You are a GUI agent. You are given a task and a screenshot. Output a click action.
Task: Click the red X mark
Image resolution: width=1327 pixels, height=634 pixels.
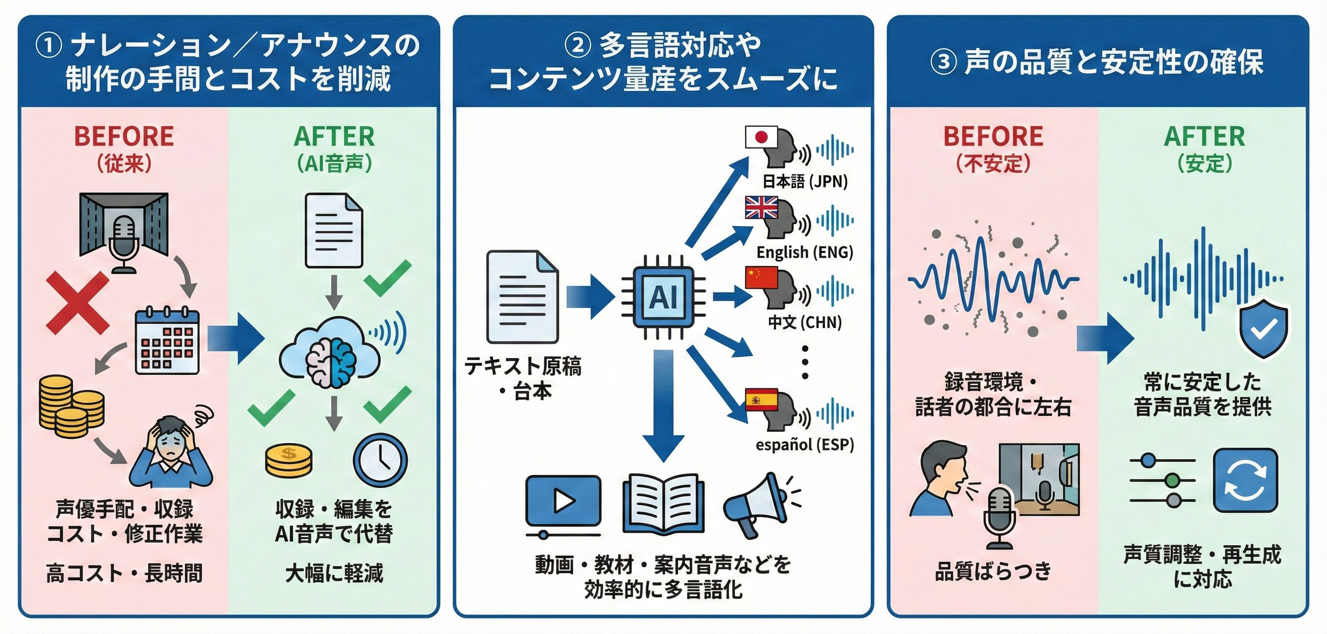[78, 303]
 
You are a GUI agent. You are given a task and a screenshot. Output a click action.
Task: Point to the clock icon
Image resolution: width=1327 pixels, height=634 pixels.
[380, 460]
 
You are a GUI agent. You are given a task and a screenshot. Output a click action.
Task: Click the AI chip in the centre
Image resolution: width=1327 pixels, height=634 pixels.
[663, 297]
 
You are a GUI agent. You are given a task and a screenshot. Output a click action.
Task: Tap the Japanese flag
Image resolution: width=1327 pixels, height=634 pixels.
[762, 138]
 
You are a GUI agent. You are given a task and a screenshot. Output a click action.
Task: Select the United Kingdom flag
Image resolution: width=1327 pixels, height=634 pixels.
[762, 208]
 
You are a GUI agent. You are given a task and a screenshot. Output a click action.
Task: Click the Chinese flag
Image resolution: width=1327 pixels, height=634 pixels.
[762, 277]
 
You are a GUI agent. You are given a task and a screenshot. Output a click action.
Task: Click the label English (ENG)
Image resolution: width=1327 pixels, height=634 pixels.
[805, 252]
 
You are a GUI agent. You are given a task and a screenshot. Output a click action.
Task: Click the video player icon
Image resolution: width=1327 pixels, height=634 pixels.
[563, 502]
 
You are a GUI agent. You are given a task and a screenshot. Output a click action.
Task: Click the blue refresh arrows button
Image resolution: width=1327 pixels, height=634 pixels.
[1245, 480]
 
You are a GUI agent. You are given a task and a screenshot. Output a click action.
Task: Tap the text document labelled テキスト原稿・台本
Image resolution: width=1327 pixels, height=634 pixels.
[522, 297]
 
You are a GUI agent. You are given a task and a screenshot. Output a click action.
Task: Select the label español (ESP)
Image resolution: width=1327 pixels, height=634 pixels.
[805, 445]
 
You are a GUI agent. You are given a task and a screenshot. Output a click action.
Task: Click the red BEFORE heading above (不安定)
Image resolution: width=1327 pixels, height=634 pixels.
[993, 137]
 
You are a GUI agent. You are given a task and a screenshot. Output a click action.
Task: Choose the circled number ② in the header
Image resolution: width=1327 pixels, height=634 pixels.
[578, 45]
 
